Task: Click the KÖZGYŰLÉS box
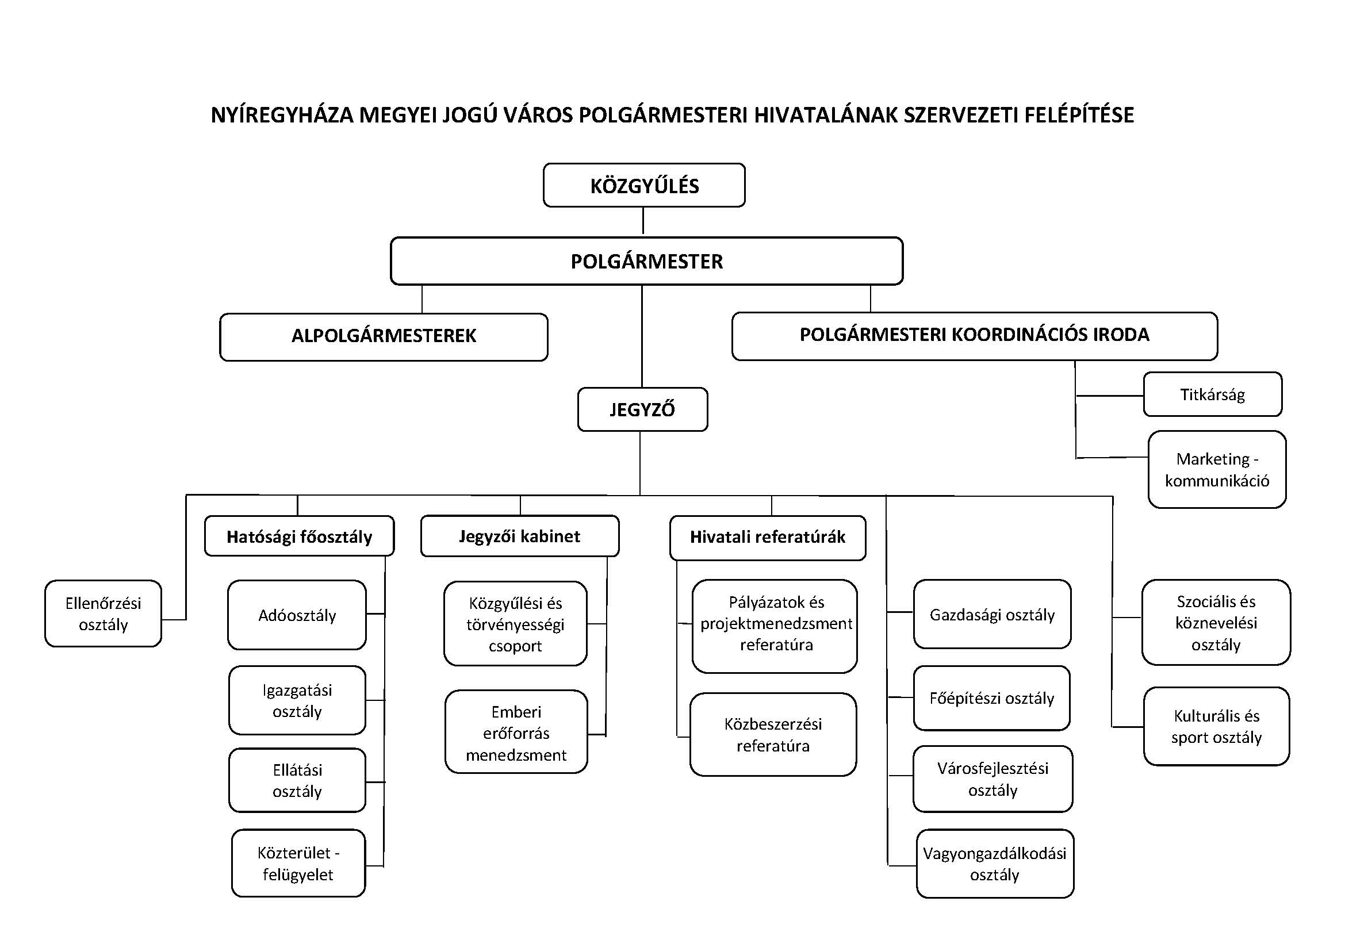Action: pyautogui.click(x=644, y=185)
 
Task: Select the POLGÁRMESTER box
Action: pyautogui.click(x=646, y=261)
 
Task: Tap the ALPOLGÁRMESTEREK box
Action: pyautogui.click(x=384, y=336)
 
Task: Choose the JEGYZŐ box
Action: pyautogui.click(x=642, y=409)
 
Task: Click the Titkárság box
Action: pyautogui.click(x=1212, y=394)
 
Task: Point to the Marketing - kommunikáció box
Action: pyautogui.click(x=1217, y=469)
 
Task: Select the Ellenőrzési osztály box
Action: pyautogui.click(x=103, y=613)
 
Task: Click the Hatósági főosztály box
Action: pyautogui.click(x=299, y=536)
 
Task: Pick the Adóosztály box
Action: pyautogui.click(x=297, y=615)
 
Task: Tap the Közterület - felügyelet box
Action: pyautogui.click(x=298, y=863)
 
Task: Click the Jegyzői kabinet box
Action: pyautogui.click(x=520, y=536)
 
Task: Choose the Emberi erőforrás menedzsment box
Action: pyautogui.click(x=516, y=733)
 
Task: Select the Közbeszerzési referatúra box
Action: pyautogui.click(x=773, y=734)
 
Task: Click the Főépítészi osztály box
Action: pyautogui.click(x=992, y=698)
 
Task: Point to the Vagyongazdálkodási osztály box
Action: pyautogui.click(x=995, y=863)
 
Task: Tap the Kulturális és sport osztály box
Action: pyautogui.click(x=1216, y=726)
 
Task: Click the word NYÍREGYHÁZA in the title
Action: pyautogui.click(x=282, y=115)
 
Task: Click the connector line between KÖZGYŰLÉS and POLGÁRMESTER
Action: pyautogui.click(x=643, y=221)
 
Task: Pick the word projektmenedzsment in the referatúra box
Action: pyautogui.click(x=776, y=623)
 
